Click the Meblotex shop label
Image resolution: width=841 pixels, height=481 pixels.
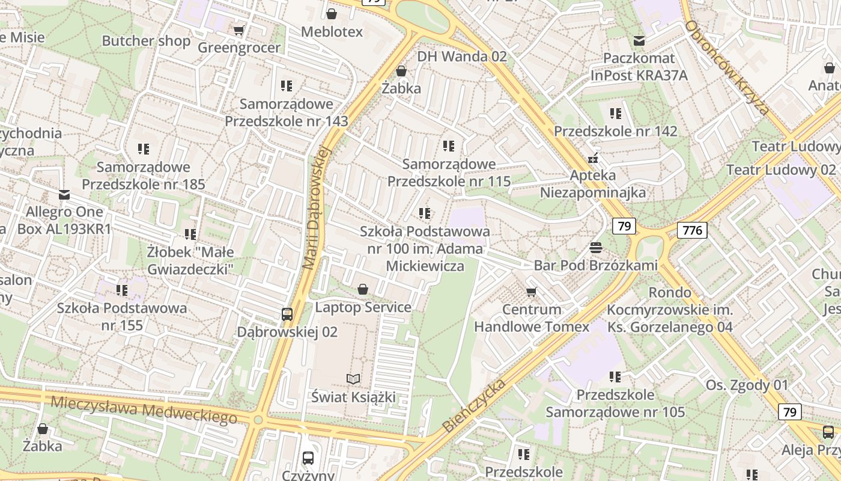tap(332, 32)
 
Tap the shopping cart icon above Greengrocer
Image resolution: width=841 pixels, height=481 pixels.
tap(238, 30)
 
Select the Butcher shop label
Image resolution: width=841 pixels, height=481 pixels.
tap(146, 41)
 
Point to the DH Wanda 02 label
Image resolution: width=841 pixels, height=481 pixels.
tap(462, 57)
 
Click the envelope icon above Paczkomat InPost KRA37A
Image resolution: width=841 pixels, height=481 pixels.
tap(639, 41)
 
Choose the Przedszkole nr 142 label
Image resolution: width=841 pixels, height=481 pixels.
tap(615, 131)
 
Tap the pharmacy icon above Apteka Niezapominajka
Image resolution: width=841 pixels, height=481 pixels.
tap(593, 159)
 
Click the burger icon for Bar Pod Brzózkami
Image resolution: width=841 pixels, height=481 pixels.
tap(596, 247)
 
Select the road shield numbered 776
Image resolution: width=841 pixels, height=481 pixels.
tap(691, 230)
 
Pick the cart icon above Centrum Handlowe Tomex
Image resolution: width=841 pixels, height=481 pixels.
tap(531, 292)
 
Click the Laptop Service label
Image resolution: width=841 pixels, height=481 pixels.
tap(363, 307)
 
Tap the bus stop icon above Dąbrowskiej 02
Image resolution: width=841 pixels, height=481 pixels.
tap(287, 314)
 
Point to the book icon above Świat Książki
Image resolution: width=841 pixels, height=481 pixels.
tap(353, 379)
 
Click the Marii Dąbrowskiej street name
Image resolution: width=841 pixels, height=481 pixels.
tap(317, 207)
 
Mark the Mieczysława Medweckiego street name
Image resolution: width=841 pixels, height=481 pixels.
tap(144, 409)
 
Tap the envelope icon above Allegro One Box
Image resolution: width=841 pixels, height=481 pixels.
tap(64, 195)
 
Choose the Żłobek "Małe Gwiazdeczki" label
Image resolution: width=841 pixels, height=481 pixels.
tap(190, 260)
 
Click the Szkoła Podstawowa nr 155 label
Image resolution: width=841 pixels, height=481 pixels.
tap(122, 317)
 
